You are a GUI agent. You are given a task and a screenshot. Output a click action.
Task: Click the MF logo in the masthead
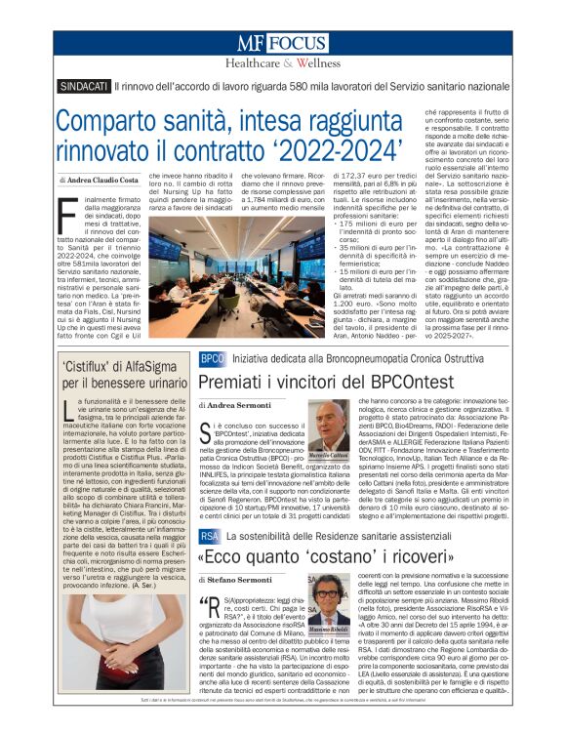[x=251, y=44]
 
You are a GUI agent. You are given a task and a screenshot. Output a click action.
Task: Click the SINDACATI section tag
[x=83, y=87]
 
